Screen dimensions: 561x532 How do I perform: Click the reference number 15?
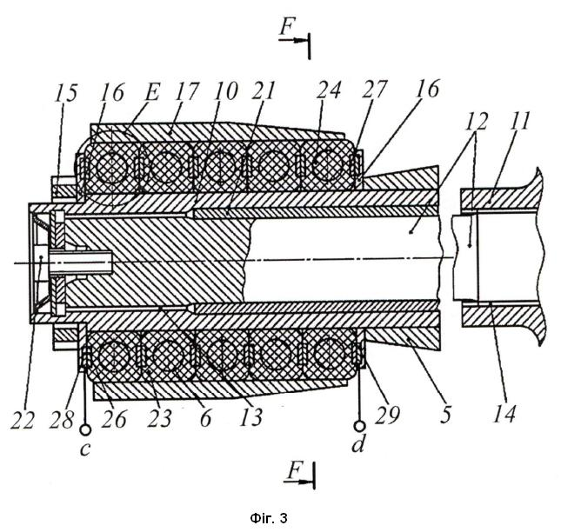pyautogui.click(x=66, y=93)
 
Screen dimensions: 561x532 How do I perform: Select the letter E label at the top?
pyautogui.click(x=152, y=93)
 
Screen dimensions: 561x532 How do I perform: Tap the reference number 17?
pyautogui.click(x=186, y=91)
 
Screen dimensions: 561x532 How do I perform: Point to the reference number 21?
pyautogui.click(x=264, y=90)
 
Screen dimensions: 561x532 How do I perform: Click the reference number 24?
pyautogui.click(x=329, y=90)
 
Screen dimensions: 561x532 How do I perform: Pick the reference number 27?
pyautogui.click(x=375, y=89)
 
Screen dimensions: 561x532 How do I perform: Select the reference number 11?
pyautogui.click(x=519, y=121)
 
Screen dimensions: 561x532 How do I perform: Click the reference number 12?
pyautogui.click(x=477, y=122)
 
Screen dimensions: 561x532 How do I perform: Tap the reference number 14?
pyautogui.click(x=504, y=415)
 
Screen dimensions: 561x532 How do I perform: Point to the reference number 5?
pyautogui.click(x=445, y=416)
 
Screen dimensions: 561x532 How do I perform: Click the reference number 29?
pyautogui.click(x=387, y=416)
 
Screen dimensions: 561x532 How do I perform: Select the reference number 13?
pyautogui.click(x=251, y=417)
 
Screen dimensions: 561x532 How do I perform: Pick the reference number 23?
pyautogui.click(x=160, y=418)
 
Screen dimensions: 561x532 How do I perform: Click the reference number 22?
pyautogui.click(x=23, y=419)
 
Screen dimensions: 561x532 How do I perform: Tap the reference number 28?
pyautogui.click(x=63, y=419)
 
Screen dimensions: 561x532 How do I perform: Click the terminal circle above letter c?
pyautogui.click(x=85, y=429)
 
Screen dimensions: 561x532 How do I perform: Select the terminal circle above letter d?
pyautogui.click(x=359, y=426)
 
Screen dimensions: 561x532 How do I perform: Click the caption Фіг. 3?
pyautogui.click(x=269, y=518)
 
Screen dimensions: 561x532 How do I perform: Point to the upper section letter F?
pyautogui.click(x=286, y=27)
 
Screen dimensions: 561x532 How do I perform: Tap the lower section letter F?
pyautogui.click(x=294, y=471)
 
